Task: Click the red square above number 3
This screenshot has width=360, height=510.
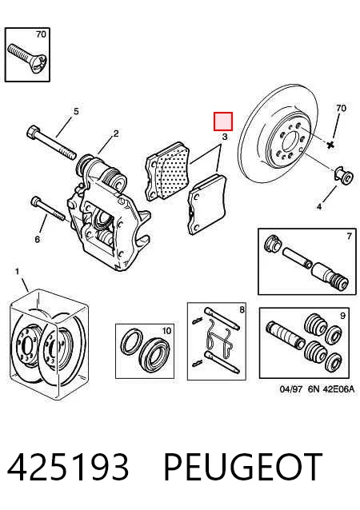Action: pos(223,122)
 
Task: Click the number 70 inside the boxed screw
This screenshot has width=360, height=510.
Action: pos(41,34)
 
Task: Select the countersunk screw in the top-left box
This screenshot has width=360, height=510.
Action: pos(27,57)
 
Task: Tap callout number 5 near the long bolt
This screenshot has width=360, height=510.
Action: pos(76,112)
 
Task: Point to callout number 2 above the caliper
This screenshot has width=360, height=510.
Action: pos(116,133)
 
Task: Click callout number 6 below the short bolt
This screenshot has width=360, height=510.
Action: pos(38,239)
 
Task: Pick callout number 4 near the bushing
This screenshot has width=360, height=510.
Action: pos(319,206)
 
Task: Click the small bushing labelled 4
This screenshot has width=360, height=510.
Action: pos(344,176)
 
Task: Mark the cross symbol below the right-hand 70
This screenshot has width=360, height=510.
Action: pos(330,145)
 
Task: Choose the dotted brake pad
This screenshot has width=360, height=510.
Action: pos(168,171)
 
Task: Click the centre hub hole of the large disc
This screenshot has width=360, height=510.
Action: pos(290,143)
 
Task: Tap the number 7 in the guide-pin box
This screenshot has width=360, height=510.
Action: pos(349,236)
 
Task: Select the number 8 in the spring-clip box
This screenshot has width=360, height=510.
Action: pos(242,309)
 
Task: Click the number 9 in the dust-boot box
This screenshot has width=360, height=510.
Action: pos(342,315)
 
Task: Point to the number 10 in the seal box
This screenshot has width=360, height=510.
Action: pos(166,331)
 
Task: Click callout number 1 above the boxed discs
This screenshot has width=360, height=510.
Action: pos(18,271)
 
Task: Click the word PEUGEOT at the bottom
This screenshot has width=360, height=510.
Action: pos(243,467)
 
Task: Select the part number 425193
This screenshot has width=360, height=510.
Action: pos(68,467)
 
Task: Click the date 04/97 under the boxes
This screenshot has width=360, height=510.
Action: pos(291,388)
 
